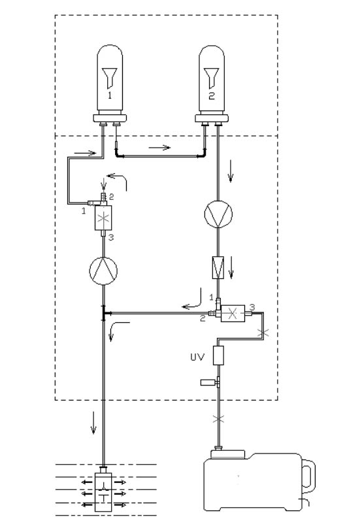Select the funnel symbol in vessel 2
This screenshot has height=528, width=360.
point(210,76)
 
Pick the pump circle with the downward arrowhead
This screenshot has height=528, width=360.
point(217,214)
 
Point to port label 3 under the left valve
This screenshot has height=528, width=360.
point(112,238)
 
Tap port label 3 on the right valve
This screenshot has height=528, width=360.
point(252,305)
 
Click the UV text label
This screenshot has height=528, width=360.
point(197,357)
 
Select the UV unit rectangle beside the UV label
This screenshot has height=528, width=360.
point(218,357)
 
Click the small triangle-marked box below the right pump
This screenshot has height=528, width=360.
point(217,267)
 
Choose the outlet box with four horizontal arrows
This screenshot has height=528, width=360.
point(104,489)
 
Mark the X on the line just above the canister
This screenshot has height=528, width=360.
point(218,418)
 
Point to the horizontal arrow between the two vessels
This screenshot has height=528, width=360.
point(159,148)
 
